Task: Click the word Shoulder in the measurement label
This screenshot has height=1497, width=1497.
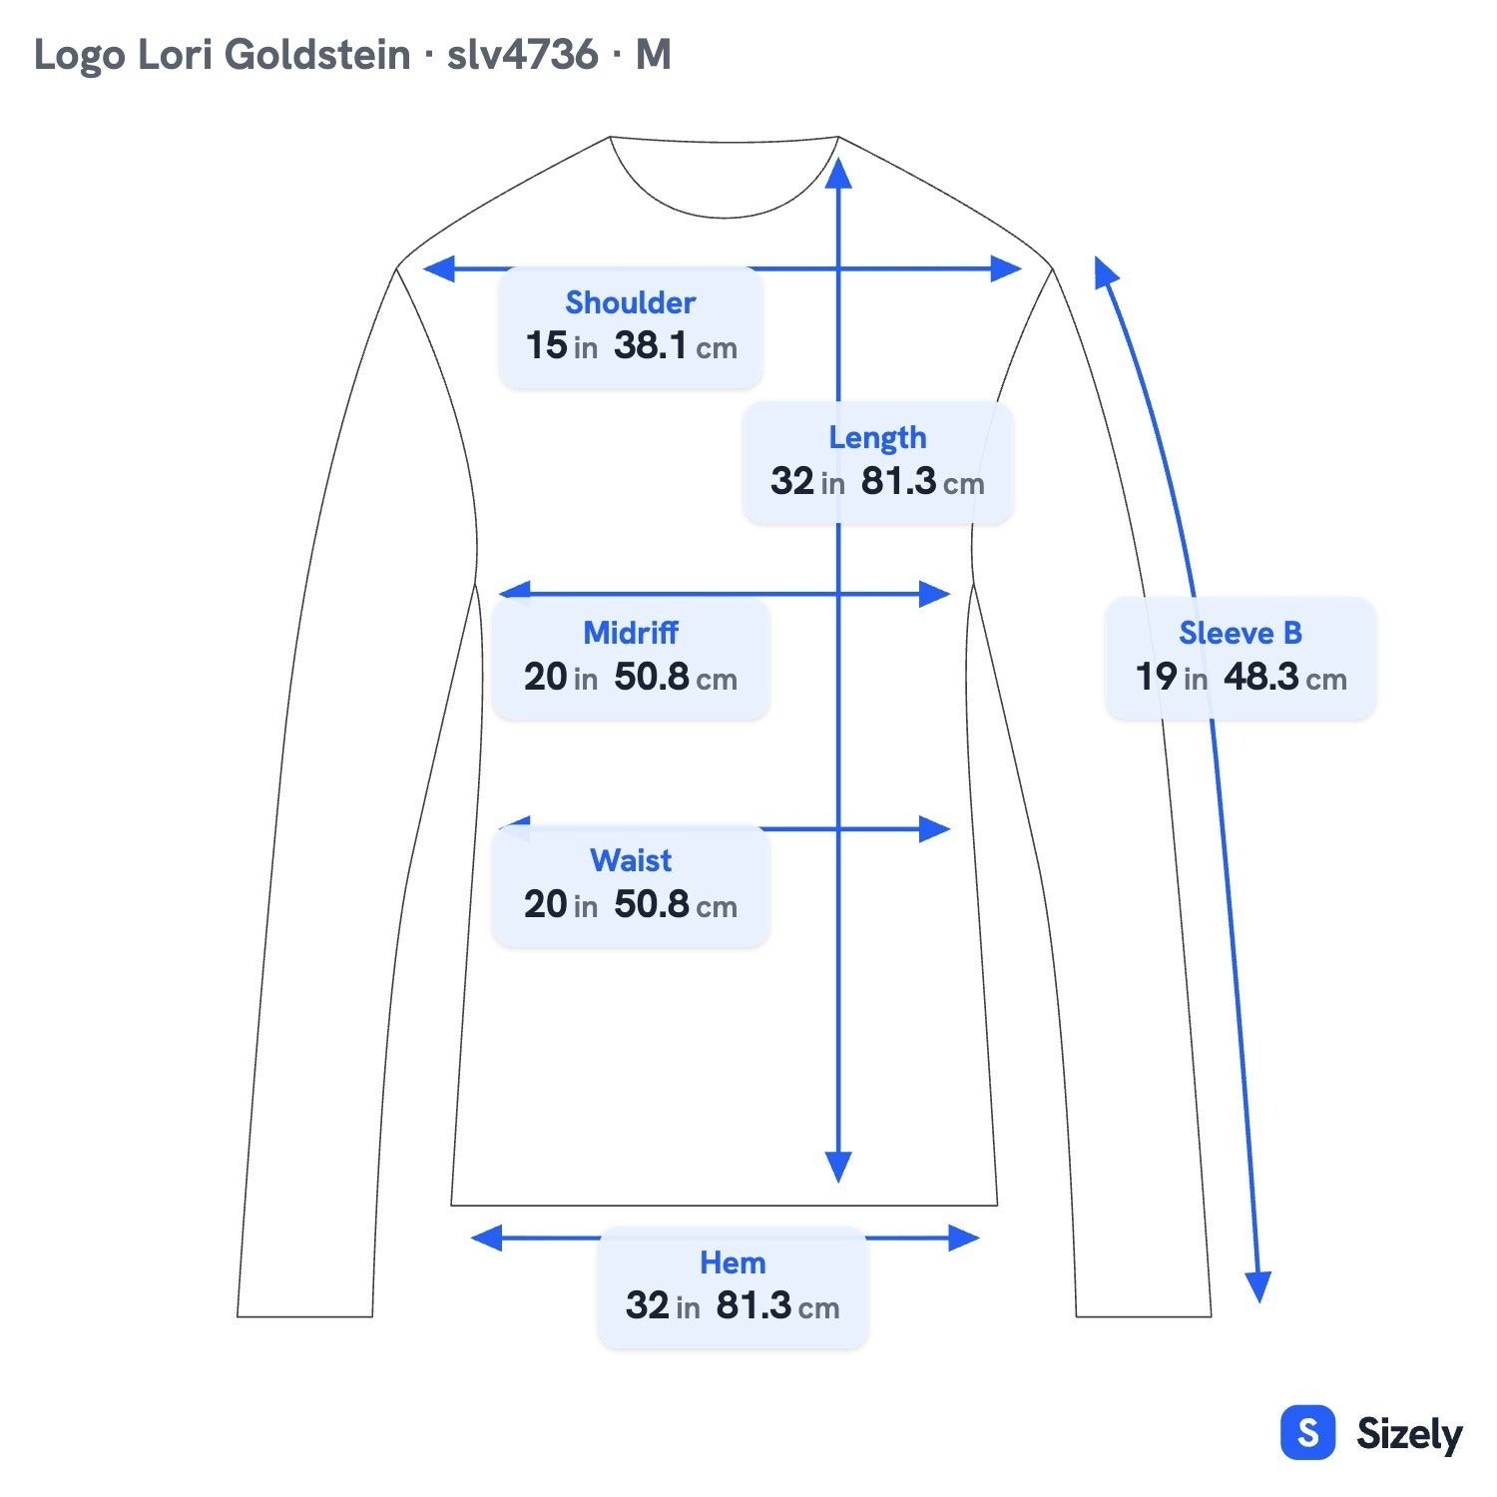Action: [630, 302]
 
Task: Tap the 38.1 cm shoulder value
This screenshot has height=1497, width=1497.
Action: [676, 346]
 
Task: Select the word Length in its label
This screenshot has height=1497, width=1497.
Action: [877, 438]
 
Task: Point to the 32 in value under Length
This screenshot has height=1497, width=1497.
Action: [807, 482]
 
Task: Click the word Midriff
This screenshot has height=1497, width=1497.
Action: [631, 633]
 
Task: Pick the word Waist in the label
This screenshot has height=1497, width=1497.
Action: [631, 860]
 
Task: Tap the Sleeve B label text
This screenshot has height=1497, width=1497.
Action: [1241, 633]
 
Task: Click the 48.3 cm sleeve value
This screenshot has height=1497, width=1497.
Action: [1285, 678]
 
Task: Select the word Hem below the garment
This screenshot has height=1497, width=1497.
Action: [733, 1262]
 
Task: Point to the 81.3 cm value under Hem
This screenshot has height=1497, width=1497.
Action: [778, 1306]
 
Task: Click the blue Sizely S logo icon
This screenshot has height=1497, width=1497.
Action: [1307, 1433]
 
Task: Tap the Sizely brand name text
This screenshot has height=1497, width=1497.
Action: [1409, 1435]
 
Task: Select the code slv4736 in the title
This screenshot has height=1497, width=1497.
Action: [522, 55]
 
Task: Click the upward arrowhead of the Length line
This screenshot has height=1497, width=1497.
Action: [838, 172]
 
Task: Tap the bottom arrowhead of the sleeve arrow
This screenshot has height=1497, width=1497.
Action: [1259, 1287]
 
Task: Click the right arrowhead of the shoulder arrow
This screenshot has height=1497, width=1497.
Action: [1006, 268]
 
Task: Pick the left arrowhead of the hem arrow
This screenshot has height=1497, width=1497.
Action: [486, 1239]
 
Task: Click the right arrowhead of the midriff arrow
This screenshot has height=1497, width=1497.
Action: [934, 595]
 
